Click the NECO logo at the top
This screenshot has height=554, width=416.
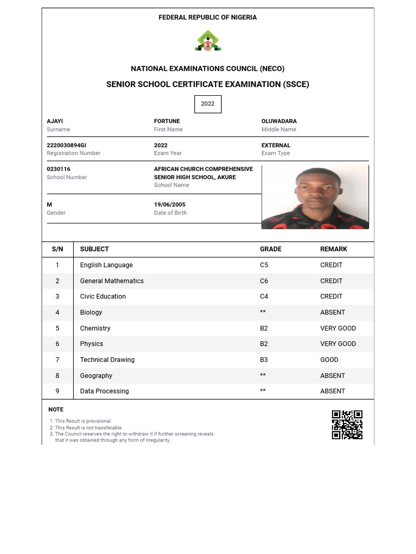(x=208, y=41)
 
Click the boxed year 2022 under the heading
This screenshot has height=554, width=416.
(x=208, y=104)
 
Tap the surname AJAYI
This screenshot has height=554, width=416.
(x=55, y=121)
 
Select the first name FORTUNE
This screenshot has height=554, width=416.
(x=167, y=121)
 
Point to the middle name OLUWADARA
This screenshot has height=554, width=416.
(x=279, y=121)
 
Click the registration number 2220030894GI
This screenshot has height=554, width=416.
(x=67, y=146)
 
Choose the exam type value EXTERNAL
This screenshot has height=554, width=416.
(x=276, y=146)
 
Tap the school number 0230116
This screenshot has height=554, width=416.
(x=58, y=169)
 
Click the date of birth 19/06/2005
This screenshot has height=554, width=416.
(x=170, y=205)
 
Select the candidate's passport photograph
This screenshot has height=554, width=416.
(x=315, y=197)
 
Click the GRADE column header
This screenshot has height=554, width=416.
(x=270, y=249)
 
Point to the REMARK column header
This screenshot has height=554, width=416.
(x=334, y=249)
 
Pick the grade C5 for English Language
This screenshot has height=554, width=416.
(x=264, y=265)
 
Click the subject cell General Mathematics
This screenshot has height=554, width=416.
(x=112, y=281)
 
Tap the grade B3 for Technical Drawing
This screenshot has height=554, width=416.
(x=264, y=360)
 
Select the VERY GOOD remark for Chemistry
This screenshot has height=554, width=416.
(x=338, y=328)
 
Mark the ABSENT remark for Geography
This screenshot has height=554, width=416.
(x=333, y=375)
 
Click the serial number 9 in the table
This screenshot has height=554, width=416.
(x=57, y=391)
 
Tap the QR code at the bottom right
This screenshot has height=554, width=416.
(x=347, y=425)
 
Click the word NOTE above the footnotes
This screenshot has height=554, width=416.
(x=56, y=410)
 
